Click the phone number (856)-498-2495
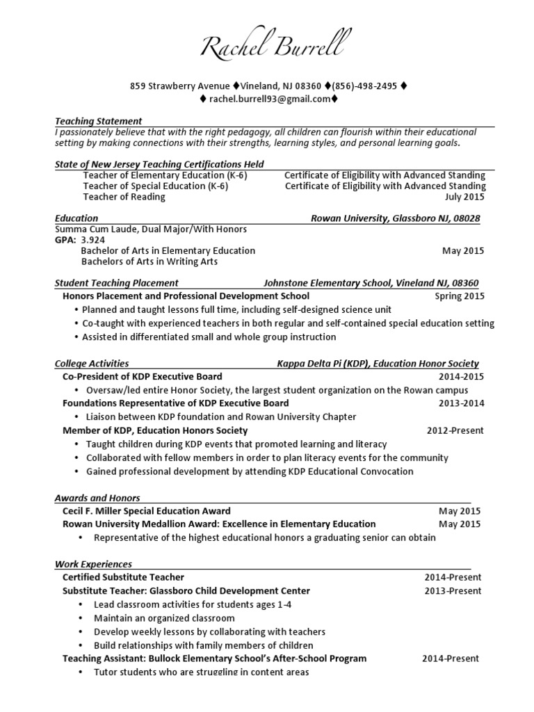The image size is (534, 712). tap(364, 86)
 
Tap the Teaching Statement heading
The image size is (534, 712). tap(98, 121)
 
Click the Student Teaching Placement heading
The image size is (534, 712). tap(116, 283)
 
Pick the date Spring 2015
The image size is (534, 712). tap(460, 296)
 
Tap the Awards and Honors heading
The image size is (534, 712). tap(97, 498)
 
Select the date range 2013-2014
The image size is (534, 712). tap(461, 403)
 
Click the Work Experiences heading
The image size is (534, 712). tap(93, 564)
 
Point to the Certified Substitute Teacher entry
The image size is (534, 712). tap(123, 577)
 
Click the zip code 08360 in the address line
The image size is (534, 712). tap(309, 86)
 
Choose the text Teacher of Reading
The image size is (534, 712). tap(124, 197)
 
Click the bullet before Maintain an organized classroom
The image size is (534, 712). tap(81, 618)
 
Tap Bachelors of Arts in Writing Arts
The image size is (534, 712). tap(149, 261)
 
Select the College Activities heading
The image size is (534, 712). tap(92, 364)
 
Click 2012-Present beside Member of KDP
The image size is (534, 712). tap(455, 430)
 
